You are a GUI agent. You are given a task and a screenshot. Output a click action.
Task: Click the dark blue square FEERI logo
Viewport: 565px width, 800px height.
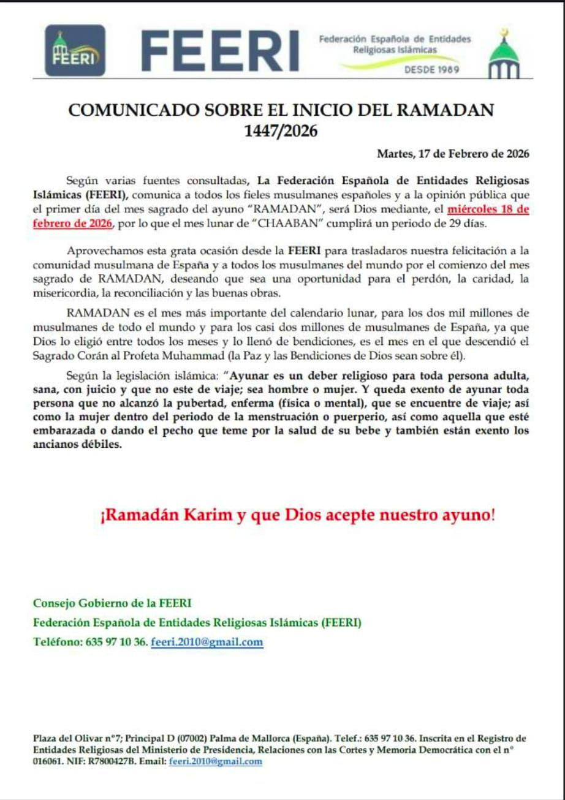75,50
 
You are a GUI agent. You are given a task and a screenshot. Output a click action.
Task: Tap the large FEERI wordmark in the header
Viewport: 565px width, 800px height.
221,50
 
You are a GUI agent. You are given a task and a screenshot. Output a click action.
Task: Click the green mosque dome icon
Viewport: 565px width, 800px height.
503,55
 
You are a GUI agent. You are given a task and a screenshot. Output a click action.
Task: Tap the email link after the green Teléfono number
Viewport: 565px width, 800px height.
207,642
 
